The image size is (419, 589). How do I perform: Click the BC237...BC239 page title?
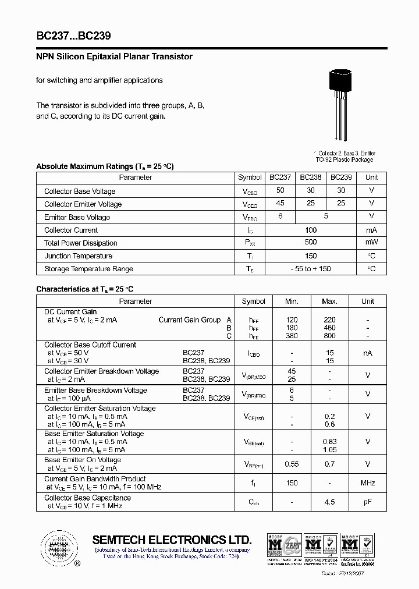pyautogui.click(x=73, y=36)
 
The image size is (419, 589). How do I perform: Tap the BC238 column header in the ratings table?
pyautogui.click(x=311, y=178)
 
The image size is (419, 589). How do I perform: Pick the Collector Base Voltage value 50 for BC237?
pyautogui.click(x=280, y=191)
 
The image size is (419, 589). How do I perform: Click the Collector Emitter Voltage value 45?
pyautogui.click(x=280, y=204)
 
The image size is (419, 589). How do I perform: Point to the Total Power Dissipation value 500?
pyautogui.click(x=311, y=243)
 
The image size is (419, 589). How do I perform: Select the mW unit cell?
pyautogui.click(x=371, y=243)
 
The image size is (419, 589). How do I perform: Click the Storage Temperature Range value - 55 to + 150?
pyautogui.click(x=311, y=269)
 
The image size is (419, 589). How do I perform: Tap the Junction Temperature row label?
pyautogui.click(x=79, y=256)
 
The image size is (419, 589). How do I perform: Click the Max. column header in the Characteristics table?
pyautogui.click(x=329, y=301)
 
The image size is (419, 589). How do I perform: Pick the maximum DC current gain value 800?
pyautogui.click(x=329, y=336)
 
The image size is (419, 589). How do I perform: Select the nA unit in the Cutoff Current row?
pyautogui.click(x=368, y=353)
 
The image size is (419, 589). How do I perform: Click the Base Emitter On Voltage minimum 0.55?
pyautogui.click(x=292, y=464)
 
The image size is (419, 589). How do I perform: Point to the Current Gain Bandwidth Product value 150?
pyautogui.click(x=292, y=483)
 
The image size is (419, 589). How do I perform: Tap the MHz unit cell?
pyautogui.click(x=368, y=483)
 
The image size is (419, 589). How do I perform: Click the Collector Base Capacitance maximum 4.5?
pyautogui.click(x=329, y=502)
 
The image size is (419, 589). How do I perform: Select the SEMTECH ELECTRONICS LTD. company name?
pyautogui.click(x=172, y=540)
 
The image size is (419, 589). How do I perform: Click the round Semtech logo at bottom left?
pyautogui.click(x=59, y=549)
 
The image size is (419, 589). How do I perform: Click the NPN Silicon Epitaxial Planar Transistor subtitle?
pyautogui.click(x=114, y=57)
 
